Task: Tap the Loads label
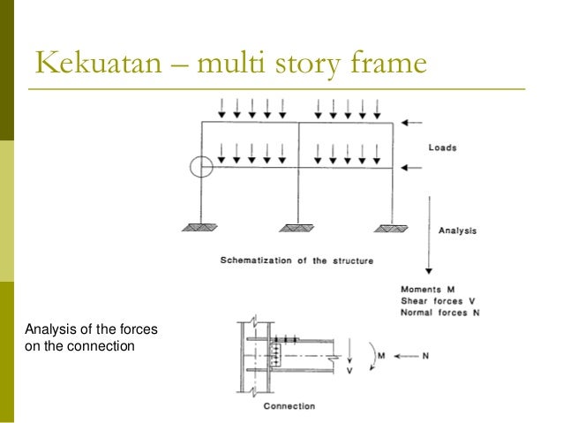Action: [x=442, y=147]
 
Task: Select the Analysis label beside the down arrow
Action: [x=457, y=230]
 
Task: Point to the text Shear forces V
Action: [x=439, y=300]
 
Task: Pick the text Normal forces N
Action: [x=440, y=312]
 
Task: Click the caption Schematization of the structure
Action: [x=297, y=261]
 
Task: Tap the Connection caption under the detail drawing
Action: [x=289, y=406]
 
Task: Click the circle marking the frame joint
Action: [x=201, y=165]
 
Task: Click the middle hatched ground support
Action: [x=298, y=228]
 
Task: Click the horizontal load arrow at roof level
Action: [x=411, y=124]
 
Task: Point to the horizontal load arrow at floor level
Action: [x=411, y=166]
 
